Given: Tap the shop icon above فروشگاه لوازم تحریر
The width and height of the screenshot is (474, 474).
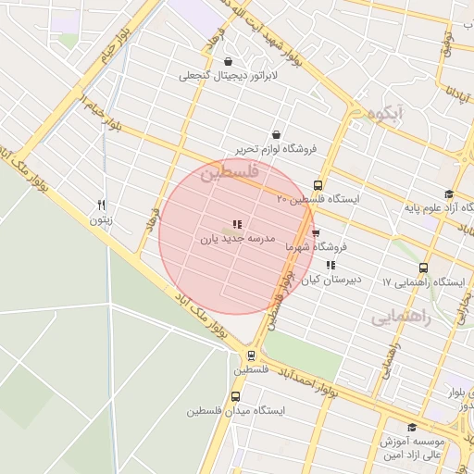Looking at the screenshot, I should point(277,134).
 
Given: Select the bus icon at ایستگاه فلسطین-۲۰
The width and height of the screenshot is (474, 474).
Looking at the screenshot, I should point(318,185).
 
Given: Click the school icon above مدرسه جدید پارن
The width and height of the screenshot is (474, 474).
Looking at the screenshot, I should point(237,224).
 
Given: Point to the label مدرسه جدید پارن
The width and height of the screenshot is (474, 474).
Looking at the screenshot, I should point(238,238).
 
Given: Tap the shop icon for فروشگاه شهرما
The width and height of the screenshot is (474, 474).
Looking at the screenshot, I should point(316,233).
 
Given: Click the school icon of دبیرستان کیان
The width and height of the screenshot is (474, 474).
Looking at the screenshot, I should point(331,266).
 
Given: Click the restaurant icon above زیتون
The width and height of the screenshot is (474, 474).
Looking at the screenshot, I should point(102,206).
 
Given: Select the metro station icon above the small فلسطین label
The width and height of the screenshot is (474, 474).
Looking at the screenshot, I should point(251,355).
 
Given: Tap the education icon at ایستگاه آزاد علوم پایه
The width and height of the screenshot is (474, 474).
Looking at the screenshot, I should point(449,194).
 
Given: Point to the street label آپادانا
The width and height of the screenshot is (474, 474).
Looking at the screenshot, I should point(453,98).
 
